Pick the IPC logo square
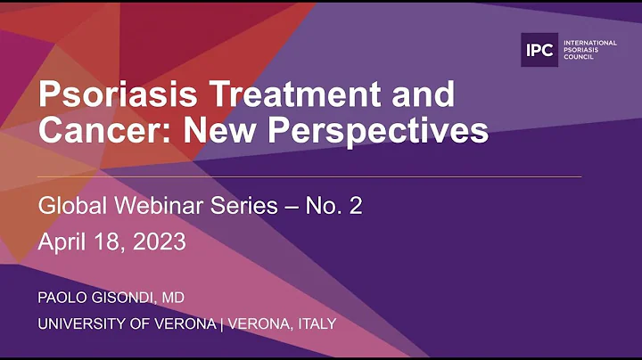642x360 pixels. (x=539, y=50)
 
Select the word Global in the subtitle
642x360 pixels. (x=69, y=206)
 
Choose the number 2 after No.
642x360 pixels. (x=355, y=206)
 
